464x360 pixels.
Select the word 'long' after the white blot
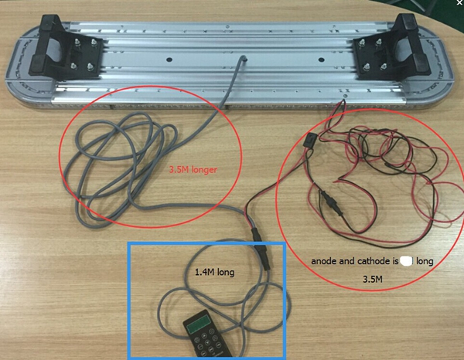point(425,262)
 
